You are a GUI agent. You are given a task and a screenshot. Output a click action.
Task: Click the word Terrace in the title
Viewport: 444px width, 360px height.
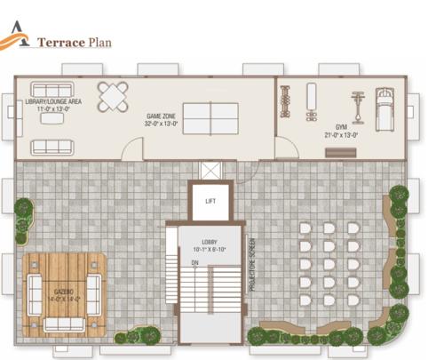click(x=60, y=41)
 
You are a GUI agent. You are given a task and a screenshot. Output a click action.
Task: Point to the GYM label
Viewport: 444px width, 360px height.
click(x=342, y=127)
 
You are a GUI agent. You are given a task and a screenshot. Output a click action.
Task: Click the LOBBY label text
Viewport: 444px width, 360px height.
click(x=210, y=242)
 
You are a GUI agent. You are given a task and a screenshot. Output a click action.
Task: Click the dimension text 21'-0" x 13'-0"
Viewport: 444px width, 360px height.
click(x=342, y=135)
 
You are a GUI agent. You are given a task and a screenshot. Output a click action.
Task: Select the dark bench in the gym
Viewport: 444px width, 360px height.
click(x=338, y=151)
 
